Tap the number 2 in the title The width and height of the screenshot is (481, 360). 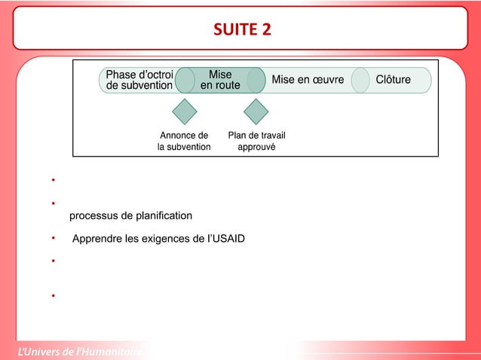point(266,29)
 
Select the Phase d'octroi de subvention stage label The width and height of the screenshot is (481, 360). point(139,80)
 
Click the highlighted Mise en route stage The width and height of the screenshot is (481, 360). point(220,80)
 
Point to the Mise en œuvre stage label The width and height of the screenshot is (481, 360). point(308,80)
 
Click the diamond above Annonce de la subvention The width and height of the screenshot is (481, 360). point(185,112)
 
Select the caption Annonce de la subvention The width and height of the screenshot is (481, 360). point(184,142)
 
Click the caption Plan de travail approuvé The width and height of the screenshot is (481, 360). point(256,142)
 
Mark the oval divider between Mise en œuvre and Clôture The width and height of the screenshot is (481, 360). point(360,80)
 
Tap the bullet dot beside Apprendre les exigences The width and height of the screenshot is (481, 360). point(54,239)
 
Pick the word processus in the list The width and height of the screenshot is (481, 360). point(91,217)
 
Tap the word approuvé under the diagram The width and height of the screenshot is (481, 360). point(256,148)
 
